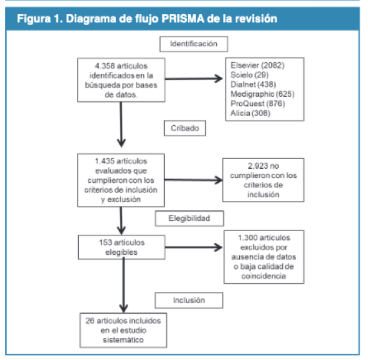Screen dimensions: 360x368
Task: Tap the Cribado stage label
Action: (x=184, y=128)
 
